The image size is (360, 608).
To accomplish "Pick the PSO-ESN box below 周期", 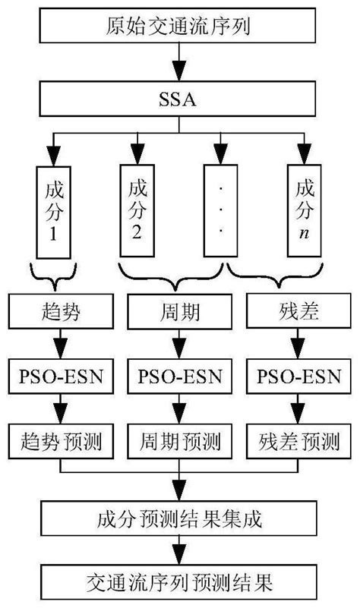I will tap(179, 376).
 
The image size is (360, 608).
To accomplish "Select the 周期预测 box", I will tap(179, 439).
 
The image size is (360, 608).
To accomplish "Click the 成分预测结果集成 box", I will tap(179, 518).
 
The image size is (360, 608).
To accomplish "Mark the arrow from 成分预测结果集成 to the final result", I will tap(179, 550).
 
